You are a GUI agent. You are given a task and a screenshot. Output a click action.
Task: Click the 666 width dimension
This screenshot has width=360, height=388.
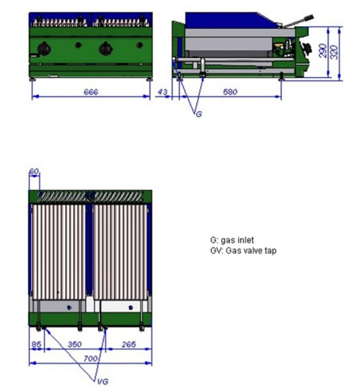(x=90, y=92)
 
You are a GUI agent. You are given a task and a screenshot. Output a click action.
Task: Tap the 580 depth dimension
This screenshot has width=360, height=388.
(x=230, y=92)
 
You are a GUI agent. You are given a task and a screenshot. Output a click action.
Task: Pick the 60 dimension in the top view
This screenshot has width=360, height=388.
(x=34, y=171)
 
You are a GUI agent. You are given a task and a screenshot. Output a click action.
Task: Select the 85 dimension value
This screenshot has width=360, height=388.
(x=36, y=344)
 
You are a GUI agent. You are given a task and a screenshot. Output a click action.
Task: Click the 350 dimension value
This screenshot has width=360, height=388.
(x=74, y=344)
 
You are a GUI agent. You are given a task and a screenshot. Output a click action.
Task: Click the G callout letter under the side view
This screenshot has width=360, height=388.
(x=199, y=114)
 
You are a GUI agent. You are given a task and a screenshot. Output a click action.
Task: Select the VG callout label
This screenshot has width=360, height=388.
(x=102, y=382)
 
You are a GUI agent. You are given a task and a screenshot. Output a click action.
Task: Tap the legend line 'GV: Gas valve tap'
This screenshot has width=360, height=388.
(x=243, y=251)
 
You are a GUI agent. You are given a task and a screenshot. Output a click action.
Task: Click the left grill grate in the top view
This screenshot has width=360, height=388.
(x=58, y=252)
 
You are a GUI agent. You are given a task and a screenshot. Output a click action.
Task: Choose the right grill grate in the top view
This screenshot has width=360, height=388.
(x=119, y=252)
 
